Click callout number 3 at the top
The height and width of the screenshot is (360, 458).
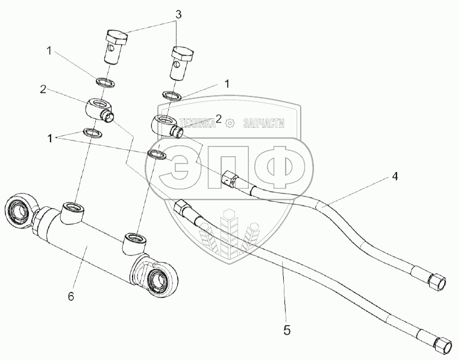click(x=178, y=14)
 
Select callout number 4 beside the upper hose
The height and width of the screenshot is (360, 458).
click(x=395, y=177)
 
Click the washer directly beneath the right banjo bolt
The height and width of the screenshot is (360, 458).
click(x=172, y=95)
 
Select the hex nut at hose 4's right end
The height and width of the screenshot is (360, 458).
click(x=436, y=280)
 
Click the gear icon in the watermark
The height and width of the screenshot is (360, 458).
click(x=229, y=124)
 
